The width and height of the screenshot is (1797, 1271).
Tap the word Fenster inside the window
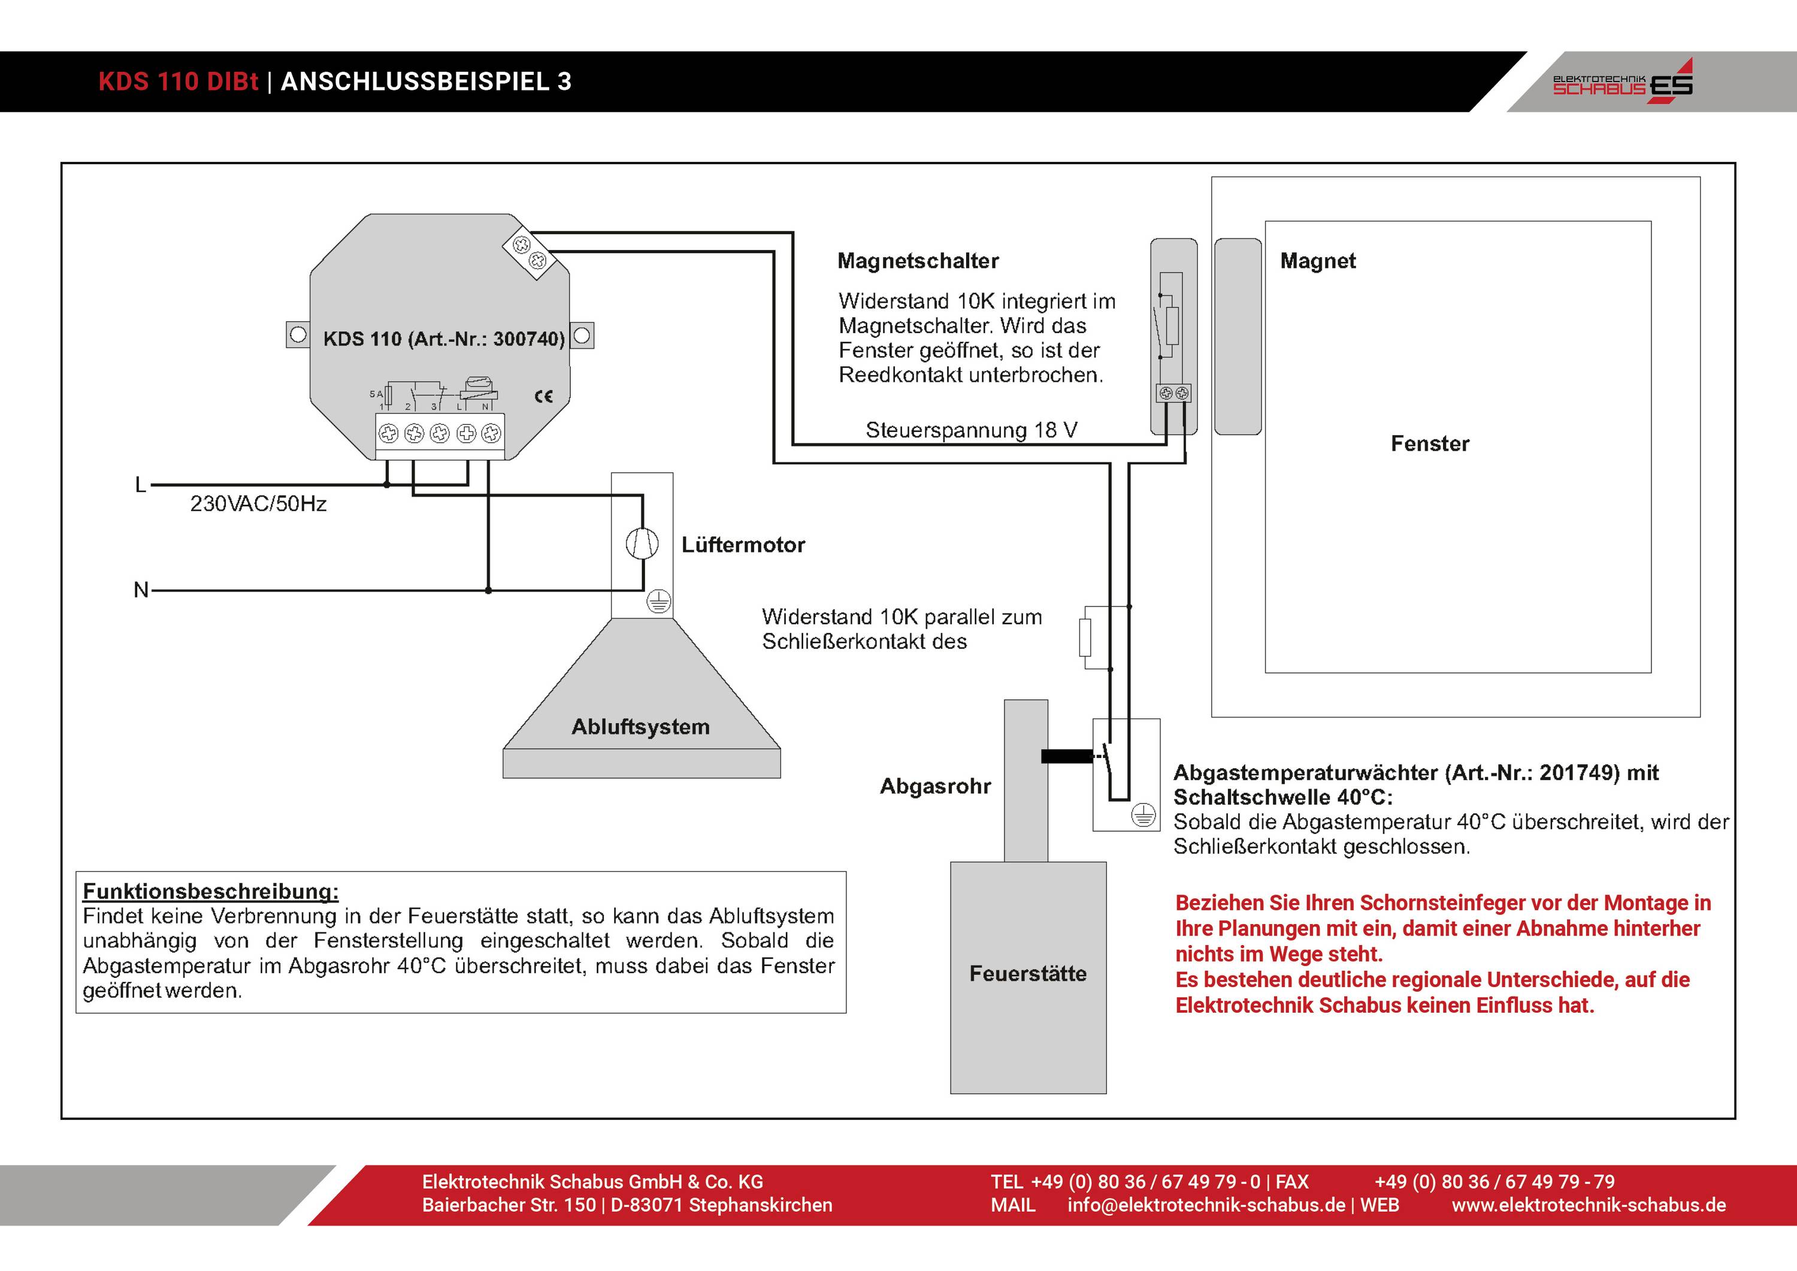1429,444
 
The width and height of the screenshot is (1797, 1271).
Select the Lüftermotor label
743,545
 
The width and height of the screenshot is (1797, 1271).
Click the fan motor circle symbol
642,544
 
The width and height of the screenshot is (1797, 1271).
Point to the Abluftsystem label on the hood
640,727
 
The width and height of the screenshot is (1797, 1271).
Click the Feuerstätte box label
1028,973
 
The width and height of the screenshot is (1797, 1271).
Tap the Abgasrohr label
935,786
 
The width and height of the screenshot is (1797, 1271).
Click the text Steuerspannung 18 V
972,430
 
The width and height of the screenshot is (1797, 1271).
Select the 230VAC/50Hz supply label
258,503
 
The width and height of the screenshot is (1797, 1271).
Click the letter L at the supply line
141,485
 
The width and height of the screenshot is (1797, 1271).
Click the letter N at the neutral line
141,590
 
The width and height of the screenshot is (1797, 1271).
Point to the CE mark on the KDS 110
543,396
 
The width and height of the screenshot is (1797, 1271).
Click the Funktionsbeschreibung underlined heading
210,891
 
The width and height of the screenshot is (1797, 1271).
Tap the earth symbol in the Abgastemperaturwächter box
1143,816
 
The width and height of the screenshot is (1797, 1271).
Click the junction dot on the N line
488,590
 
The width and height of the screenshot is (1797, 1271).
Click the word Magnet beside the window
1317,261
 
